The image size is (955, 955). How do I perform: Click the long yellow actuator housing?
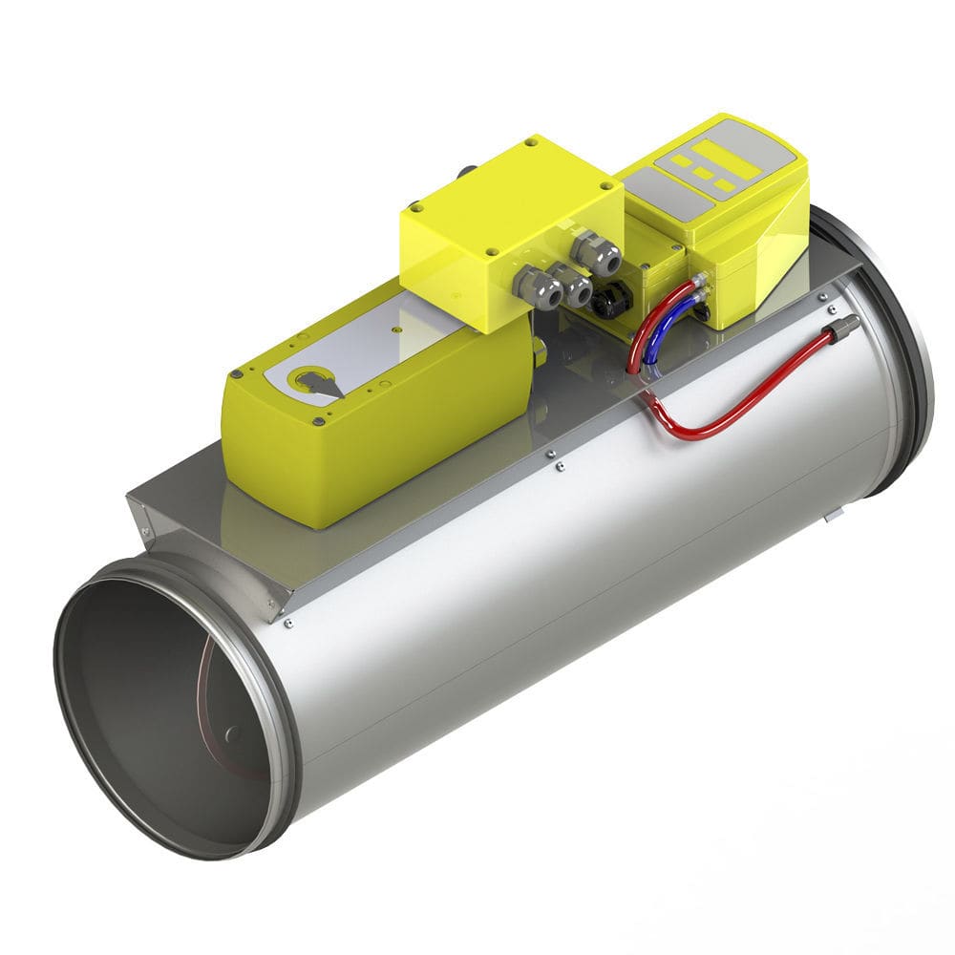tap(382, 430)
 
